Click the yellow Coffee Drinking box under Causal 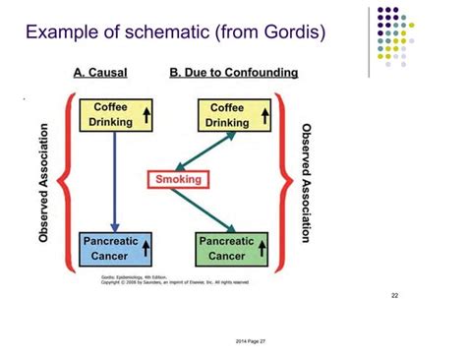tap(117, 115)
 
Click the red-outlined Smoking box tap(177, 179)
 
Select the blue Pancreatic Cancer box tap(117, 247)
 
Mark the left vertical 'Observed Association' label tap(44, 183)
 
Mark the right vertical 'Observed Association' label tap(305, 183)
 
